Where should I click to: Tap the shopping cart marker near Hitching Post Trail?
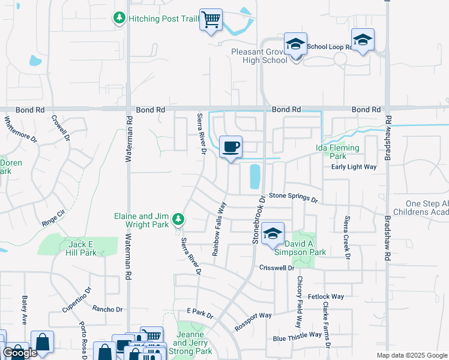(x=211, y=20)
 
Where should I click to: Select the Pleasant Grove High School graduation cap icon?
(x=295, y=44)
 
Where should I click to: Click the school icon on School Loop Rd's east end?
(x=363, y=40)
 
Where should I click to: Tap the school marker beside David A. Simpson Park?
(x=273, y=233)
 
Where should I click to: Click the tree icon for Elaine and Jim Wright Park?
(x=178, y=220)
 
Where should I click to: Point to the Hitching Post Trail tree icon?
(x=119, y=19)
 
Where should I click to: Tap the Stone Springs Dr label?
(x=292, y=196)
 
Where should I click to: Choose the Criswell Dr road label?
(x=277, y=268)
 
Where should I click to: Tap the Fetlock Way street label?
(x=325, y=296)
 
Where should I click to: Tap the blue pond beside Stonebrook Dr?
(x=254, y=176)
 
